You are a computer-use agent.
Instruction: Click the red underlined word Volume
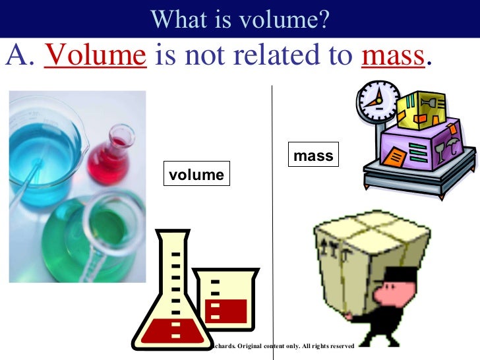pyautogui.click(x=94, y=57)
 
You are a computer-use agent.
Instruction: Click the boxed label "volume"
pyautogui.click(x=196, y=175)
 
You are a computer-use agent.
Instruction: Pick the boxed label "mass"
pyautogui.click(x=313, y=157)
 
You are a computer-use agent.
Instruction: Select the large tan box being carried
pyautogui.click(x=369, y=247)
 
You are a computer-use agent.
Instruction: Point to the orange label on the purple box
pyautogui.click(x=396, y=157)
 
